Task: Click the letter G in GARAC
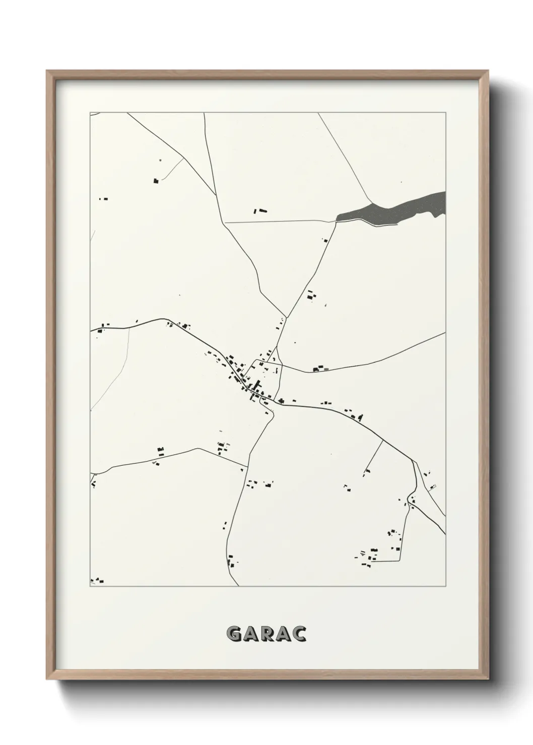[234, 634]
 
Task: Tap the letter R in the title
[266, 634]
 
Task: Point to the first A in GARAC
[250, 634]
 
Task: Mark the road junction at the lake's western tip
[336, 220]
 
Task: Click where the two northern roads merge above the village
[286, 318]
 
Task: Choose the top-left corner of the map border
[90, 113]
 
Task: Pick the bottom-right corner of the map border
[445, 586]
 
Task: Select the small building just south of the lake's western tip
[325, 240]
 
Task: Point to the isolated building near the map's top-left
[156, 180]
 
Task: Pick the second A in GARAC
[283, 634]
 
